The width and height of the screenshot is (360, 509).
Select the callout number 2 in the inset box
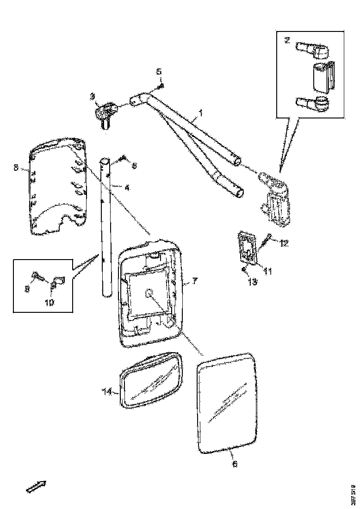click(287, 40)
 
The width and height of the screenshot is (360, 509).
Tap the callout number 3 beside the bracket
click(93, 96)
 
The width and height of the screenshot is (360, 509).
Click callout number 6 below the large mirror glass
click(235, 464)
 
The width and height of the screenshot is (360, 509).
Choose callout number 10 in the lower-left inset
click(49, 303)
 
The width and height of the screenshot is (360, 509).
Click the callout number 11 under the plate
click(267, 271)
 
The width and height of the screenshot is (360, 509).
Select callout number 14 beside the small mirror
click(107, 392)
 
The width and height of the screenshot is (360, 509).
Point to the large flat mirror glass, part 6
click(227, 403)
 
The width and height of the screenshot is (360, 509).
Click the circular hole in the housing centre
click(150, 293)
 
